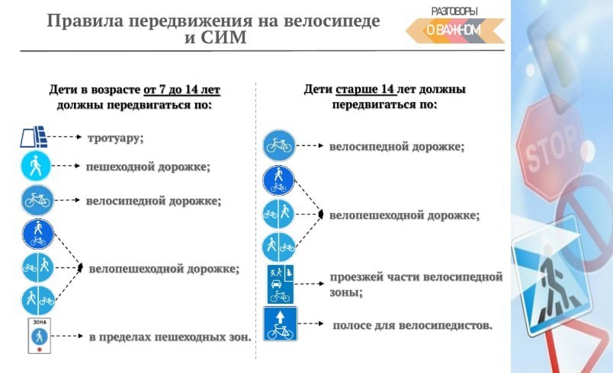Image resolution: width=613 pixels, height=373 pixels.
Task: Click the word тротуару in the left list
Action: click(115, 138)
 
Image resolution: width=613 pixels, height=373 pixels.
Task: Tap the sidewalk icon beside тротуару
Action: click(34, 136)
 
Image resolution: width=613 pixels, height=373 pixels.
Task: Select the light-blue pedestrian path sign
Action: click(36, 166)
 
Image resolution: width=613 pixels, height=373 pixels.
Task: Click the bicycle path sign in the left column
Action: click(37, 200)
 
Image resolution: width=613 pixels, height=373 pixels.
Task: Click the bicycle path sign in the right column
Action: click(279, 145)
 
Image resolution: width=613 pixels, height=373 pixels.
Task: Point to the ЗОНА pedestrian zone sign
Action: click(40, 336)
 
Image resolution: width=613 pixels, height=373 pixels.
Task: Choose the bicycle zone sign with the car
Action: click(281, 285)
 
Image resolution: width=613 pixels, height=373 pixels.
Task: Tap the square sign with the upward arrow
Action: click(281, 324)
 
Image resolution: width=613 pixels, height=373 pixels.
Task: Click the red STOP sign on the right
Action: click(550, 148)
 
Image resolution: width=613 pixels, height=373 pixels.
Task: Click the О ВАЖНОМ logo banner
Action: click(454, 30)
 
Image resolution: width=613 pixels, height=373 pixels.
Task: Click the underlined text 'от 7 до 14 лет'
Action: click(181, 90)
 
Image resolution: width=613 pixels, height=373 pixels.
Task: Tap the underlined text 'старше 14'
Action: click(365, 89)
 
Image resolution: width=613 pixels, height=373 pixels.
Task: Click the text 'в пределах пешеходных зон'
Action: click(169, 336)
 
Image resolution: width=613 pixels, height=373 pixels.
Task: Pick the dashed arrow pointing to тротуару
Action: click(65, 137)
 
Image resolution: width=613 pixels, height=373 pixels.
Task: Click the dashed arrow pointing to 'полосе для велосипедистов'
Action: click(311, 324)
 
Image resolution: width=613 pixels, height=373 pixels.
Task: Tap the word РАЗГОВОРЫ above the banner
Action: click(454, 11)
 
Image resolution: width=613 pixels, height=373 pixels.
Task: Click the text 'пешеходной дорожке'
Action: click(147, 167)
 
